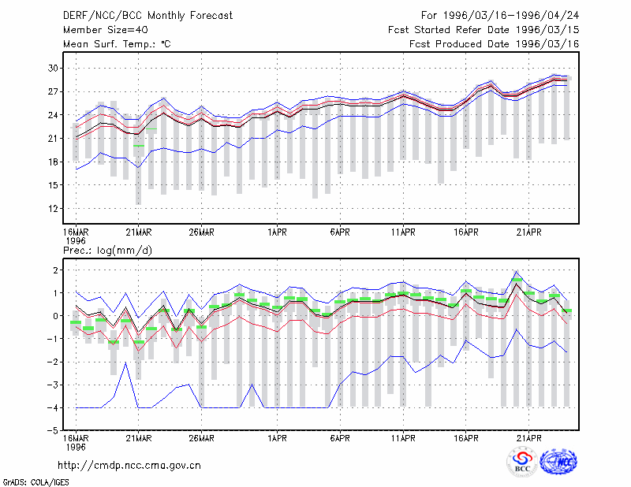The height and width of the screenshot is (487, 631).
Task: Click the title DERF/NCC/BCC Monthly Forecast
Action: [147, 16]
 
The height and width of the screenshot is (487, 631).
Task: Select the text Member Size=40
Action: [106, 30]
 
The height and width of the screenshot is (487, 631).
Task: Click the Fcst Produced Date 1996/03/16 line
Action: [494, 44]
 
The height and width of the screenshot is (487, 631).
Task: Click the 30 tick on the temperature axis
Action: [53, 68]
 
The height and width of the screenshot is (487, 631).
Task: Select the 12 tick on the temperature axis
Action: [53, 208]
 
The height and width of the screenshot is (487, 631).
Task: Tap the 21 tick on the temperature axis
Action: [53, 139]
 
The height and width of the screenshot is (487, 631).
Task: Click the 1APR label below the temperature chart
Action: [277, 232]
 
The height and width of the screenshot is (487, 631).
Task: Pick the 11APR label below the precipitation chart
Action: [403, 438]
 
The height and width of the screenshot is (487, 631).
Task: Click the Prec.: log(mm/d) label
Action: [107, 251]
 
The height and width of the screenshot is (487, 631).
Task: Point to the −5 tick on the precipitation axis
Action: [51, 431]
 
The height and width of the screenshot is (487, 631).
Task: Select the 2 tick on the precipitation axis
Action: [55, 270]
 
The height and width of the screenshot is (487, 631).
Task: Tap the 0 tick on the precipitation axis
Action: [55, 316]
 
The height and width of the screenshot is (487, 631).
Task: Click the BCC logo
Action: [522, 462]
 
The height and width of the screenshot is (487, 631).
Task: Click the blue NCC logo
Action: [558, 462]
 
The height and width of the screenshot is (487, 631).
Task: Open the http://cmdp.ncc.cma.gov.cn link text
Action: [129, 466]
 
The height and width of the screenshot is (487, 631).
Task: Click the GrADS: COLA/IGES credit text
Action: [35, 482]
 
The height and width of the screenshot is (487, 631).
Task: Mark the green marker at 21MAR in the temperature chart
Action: [139, 146]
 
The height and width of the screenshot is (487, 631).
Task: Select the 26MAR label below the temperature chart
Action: [201, 232]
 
